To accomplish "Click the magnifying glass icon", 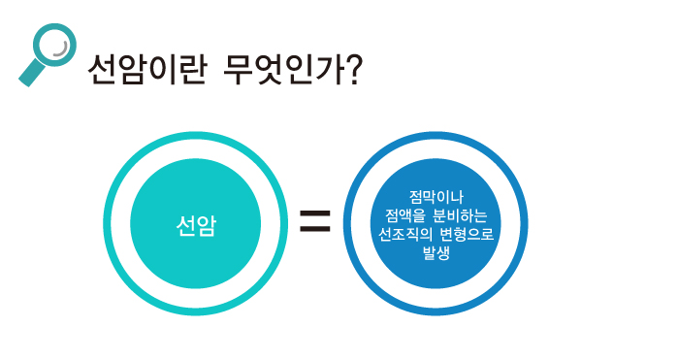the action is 47,52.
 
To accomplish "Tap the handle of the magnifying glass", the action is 30,74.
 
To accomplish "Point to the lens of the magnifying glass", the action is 55,43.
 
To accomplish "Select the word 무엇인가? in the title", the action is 288,70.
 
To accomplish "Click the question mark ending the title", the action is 352,70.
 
